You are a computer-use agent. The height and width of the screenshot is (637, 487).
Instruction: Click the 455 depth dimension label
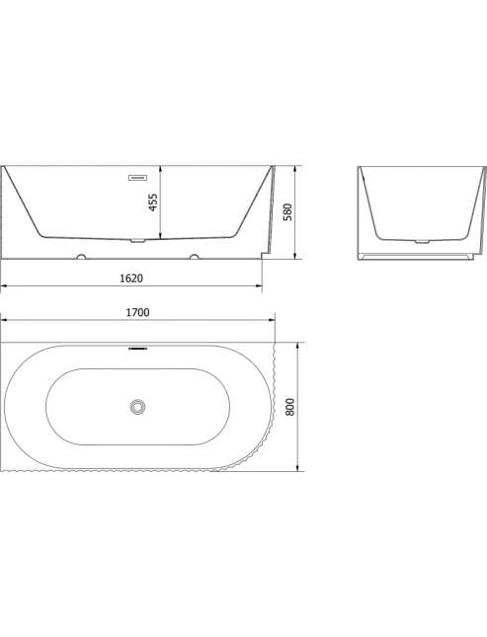tap(153, 202)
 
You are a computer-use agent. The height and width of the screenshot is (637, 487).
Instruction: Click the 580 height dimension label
tap(287, 212)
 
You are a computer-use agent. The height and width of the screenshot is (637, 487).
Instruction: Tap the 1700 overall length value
tap(138, 312)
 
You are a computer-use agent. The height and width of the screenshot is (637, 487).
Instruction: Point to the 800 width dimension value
tap(289, 407)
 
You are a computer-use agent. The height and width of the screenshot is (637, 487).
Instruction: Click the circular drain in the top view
tap(138, 406)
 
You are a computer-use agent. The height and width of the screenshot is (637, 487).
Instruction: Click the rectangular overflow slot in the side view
tap(138, 178)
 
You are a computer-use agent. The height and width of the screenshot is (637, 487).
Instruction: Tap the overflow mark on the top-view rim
tap(138, 349)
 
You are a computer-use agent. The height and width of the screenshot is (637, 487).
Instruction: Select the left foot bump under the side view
tap(81, 257)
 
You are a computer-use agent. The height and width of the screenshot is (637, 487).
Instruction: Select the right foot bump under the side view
tap(195, 257)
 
